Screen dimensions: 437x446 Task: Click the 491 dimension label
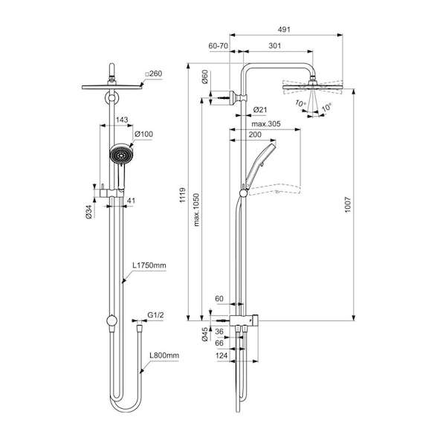284,29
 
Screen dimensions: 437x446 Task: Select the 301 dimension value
275,45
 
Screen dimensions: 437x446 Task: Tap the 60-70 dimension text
218,45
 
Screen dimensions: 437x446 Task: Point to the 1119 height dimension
183,195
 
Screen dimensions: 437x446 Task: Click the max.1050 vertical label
196,210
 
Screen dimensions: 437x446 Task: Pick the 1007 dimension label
348,204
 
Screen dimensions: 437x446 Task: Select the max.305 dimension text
266,123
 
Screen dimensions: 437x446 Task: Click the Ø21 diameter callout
260,109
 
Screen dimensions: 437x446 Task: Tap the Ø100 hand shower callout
144,134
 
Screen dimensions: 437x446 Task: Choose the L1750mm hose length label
149,265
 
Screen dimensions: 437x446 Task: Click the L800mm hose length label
164,355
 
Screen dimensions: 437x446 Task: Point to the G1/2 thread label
155,315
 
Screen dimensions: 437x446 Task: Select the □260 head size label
154,74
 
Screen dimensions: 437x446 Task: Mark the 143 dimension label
122,120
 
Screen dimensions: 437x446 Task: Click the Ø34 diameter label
88,212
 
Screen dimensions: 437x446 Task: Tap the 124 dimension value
221,355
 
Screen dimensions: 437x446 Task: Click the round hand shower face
121,154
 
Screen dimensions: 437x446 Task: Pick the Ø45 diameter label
204,334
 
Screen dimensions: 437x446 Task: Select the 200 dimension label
255,135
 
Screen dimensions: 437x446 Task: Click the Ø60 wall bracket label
205,77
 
